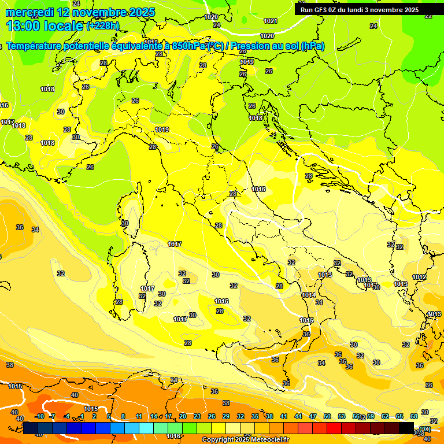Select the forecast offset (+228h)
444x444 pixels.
pos(103,25)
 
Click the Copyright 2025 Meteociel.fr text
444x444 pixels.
pos(245,440)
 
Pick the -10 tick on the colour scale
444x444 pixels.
pos(39,416)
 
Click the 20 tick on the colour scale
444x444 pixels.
pos(183,416)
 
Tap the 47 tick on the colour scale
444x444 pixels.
pos(313,416)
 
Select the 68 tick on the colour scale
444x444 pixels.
pos(415,416)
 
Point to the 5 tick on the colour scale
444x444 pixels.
pos(109,416)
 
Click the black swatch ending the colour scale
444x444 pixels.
pos(406,428)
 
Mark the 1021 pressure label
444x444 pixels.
pos(270,21)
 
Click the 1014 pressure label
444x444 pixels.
pos(309,295)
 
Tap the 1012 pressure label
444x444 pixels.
pos(419,277)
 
